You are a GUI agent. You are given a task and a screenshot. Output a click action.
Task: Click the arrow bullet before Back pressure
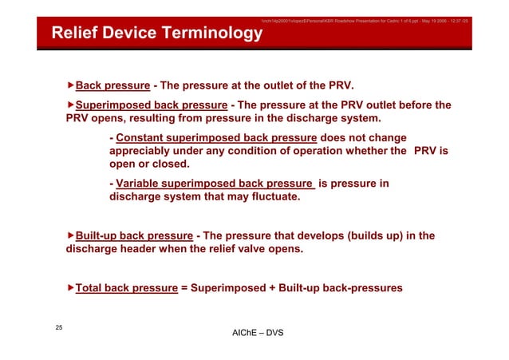70,85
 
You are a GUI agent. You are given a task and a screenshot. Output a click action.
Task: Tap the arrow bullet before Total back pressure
70,287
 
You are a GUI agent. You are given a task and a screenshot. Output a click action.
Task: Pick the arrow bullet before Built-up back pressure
70,235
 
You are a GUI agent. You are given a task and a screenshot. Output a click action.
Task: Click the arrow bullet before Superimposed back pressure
70,105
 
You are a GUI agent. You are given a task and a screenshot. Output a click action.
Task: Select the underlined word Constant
140,137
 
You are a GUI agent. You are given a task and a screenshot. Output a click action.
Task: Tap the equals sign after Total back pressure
183,287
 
